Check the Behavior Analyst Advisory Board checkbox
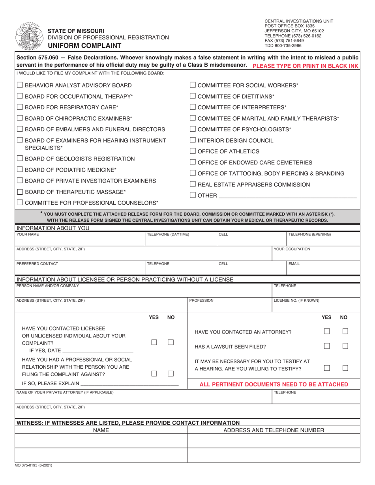tap(20, 85)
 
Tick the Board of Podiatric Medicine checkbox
tap(20, 170)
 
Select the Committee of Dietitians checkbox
tap(193, 96)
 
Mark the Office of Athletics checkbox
tap(193, 151)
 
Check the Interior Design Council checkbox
tap(193, 140)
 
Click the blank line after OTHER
tap(287, 196)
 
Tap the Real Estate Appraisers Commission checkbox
tap(193, 185)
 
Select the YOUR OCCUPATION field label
tap(292, 249)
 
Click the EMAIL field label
tap(294, 263)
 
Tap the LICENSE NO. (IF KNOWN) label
tap(296, 300)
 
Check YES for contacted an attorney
tap(327, 332)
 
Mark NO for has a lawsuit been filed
tap(345, 346)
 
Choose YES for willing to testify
tap(327, 367)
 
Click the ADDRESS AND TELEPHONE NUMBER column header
tap(274, 430)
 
